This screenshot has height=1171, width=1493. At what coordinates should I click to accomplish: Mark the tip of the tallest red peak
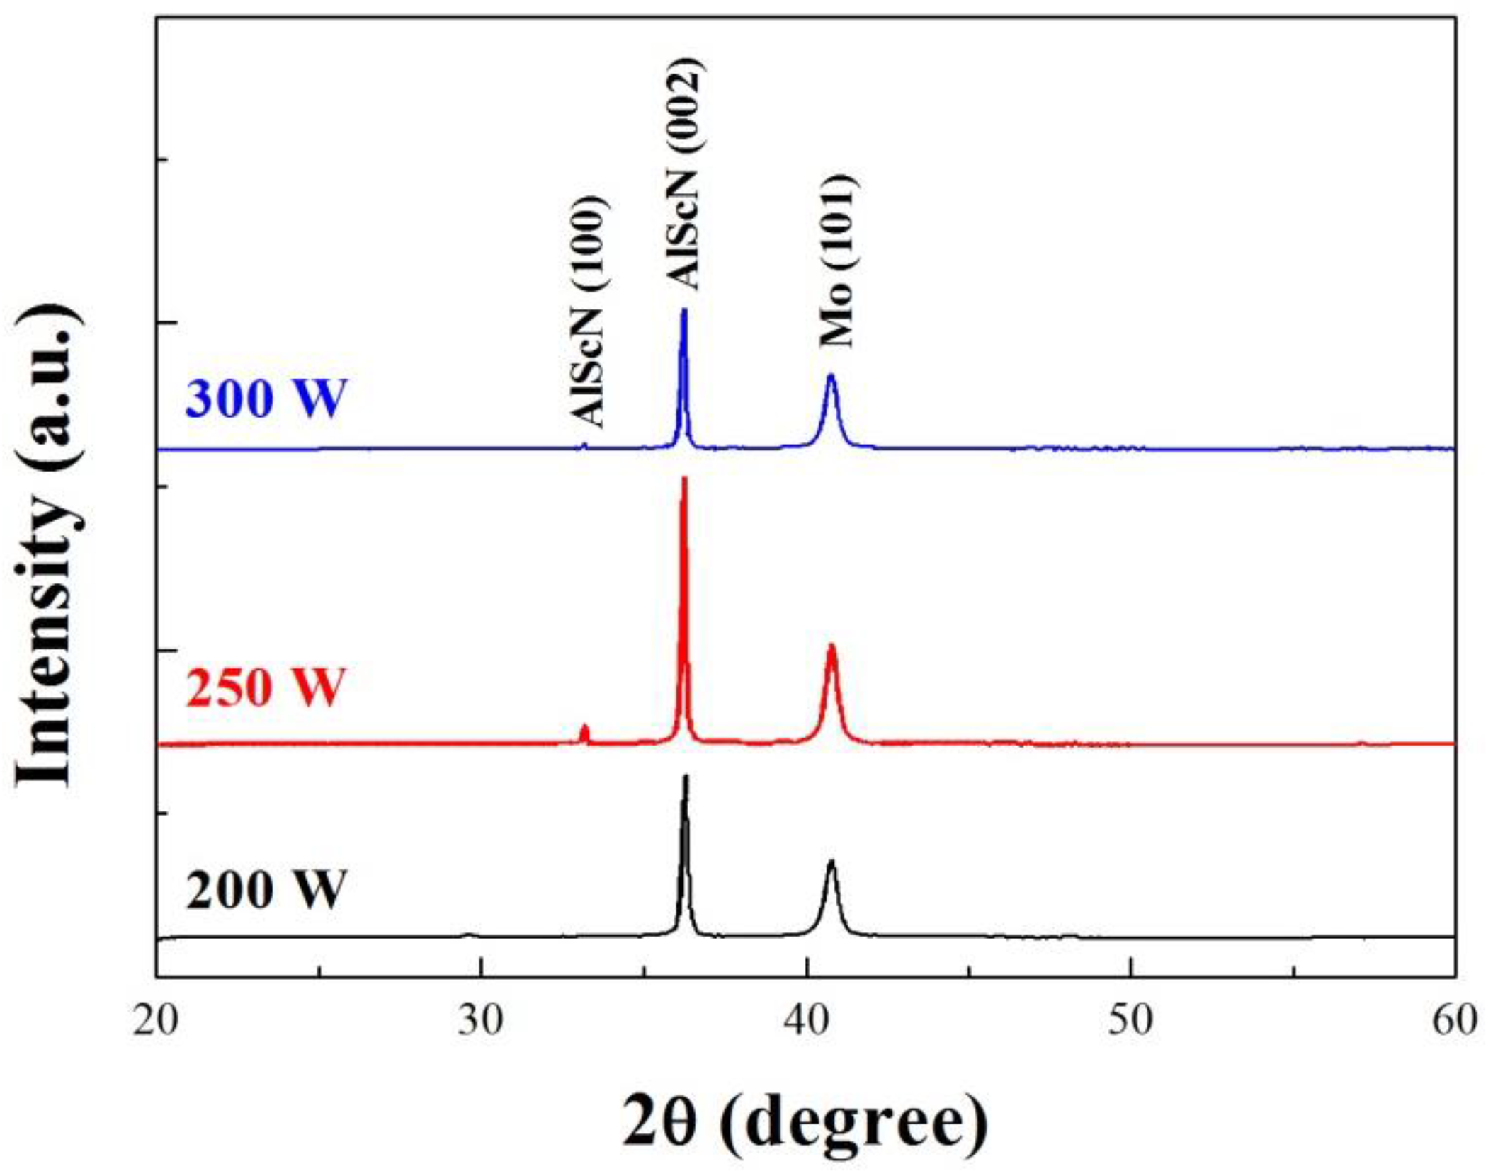684,479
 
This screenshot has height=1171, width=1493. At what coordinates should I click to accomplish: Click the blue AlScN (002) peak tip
684,310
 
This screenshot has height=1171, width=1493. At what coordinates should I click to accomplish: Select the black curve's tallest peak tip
685,776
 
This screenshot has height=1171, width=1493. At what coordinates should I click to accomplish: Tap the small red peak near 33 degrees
584,727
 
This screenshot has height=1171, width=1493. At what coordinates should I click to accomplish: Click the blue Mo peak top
831,375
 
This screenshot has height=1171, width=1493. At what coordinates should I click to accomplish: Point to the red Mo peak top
831,645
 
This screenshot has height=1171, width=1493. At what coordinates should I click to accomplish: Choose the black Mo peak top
831,862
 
